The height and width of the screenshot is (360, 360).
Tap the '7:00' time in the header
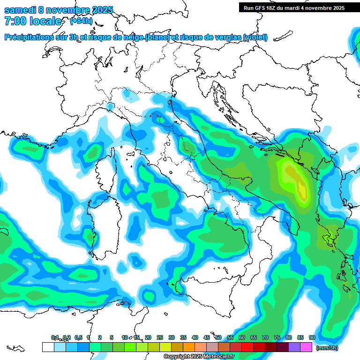pos(15,21)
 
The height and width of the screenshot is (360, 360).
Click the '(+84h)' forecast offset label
pos(81,21)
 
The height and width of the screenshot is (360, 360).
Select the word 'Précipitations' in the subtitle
pos(28,37)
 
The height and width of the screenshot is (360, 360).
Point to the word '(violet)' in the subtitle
pos(255,37)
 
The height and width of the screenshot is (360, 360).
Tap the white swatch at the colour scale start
pos(48,347)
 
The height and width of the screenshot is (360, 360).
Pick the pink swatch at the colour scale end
pos(306,347)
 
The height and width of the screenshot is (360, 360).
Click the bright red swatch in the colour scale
pos(247,347)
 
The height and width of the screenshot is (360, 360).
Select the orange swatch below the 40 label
pos(189,347)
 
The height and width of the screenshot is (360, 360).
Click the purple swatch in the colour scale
pos(294,347)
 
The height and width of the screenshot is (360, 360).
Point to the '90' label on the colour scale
pos(312,337)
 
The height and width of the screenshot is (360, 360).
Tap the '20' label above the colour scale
pos(148,337)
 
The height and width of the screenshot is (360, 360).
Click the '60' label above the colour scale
pos(242,337)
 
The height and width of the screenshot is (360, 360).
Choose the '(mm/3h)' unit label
pos(327,348)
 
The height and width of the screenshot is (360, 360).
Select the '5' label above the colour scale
pos(112,337)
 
